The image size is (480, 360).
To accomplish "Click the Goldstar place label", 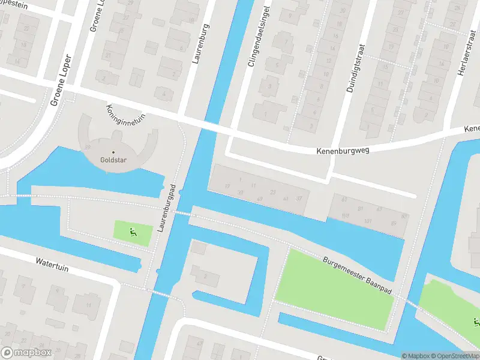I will pyautogui.click(x=113, y=161).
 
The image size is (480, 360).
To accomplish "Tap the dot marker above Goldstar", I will pyautogui.click(x=113, y=152).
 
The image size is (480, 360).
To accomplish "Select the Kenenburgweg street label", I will pyautogui.click(x=343, y=151).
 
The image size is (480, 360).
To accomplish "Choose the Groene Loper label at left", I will pyautogui.click(x=61, y=80).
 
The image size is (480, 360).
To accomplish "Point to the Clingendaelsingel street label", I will pyautogui.click(x=256, y=37).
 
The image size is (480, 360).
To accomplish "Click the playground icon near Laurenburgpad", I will pyautogui.click(x=133, y=232).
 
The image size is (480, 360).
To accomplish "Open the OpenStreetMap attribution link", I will pyautogui.click(x=456, y=356).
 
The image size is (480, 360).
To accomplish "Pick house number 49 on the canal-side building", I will pyautogui.click(x=259, y=199).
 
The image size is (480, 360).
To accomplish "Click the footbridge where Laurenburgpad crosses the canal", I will pyautogui.click(x=182, y=212).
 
